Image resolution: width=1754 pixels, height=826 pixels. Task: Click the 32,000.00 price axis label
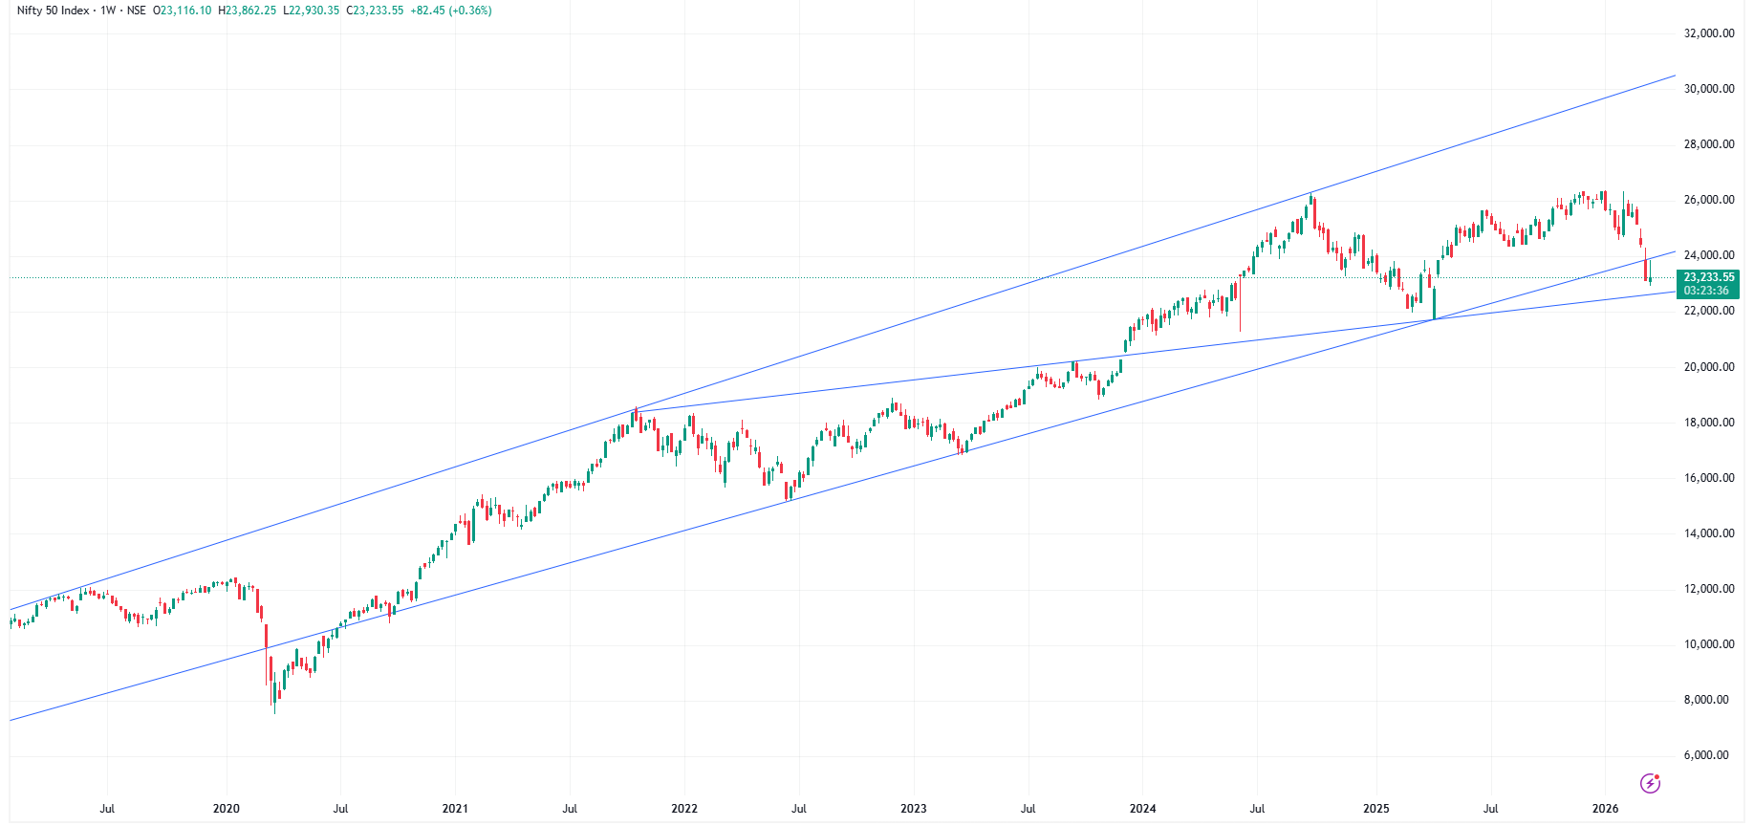pos(1708,33)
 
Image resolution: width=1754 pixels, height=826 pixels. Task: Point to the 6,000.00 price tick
pos(1708,755)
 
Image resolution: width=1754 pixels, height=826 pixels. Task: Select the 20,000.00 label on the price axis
pos(1708,367)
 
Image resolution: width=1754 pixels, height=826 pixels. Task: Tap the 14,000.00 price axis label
pos(1708,533)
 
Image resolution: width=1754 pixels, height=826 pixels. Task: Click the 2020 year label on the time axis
pos(227,809)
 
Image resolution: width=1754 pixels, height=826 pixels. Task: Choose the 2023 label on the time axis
pos(913,809)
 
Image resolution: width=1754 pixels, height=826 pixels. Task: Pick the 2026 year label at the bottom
pos(1605,809)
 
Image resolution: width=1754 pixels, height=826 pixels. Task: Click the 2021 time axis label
pos(455,809)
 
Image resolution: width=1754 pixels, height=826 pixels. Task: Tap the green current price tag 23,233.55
pos(1708,277)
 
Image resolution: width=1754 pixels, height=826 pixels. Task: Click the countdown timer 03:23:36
pos(1706,291)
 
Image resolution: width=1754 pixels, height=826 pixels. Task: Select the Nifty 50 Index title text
pos(54,11)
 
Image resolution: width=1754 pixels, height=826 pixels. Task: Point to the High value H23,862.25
pos(247,11)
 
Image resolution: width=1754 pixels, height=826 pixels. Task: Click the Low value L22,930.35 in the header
pos(311,11)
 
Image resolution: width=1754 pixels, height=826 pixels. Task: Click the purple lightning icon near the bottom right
pos(1650,784)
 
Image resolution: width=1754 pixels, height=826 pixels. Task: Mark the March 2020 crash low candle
pos(274,693)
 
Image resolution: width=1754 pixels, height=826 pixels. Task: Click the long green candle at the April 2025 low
pos(1434,301)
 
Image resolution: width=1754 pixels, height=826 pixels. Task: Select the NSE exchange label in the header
pos(136,11)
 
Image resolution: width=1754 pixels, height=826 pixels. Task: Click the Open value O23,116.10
pos(182,11)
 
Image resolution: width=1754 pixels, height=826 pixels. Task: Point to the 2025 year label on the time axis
pos(1375,809)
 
